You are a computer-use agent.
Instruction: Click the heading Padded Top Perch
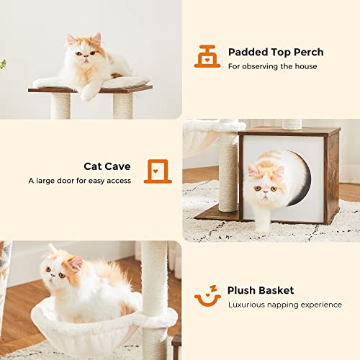click(276, 52)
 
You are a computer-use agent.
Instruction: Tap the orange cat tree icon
click(207, 56)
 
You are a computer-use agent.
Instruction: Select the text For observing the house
click(273, 66)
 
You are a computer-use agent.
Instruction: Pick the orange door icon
click(158, 171)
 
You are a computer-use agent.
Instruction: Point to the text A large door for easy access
click(80, 181)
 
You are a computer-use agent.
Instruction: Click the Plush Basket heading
click(261, 290)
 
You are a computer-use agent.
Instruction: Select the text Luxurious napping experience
click(285, 305)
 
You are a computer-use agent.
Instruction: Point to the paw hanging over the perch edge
click(89, 91)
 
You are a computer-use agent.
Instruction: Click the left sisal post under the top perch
click(60, 106)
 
